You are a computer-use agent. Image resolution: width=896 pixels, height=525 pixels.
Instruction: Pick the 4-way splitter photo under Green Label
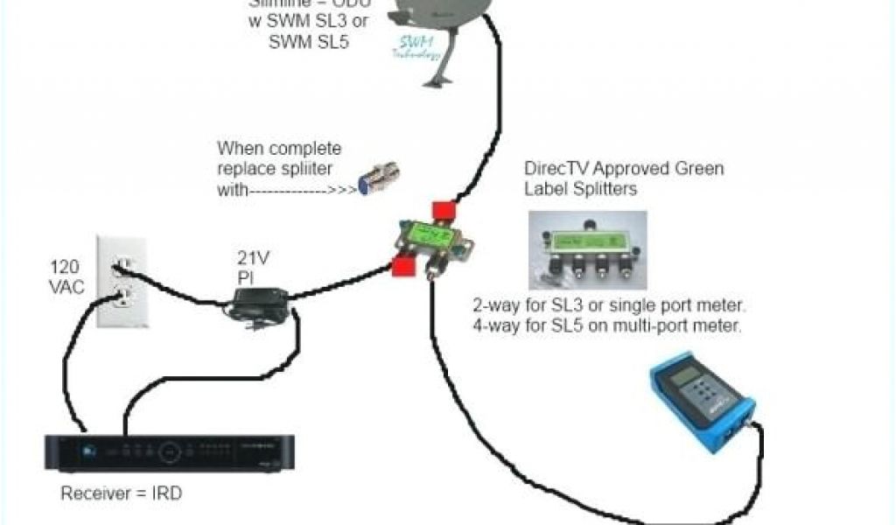pos(587,249)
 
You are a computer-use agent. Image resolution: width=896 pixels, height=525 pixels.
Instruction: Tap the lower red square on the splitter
pos(402,265)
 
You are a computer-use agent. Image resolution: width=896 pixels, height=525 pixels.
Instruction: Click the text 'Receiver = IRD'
pos(122,493)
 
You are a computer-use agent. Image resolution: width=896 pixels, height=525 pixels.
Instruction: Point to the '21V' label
pos(252,259)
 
